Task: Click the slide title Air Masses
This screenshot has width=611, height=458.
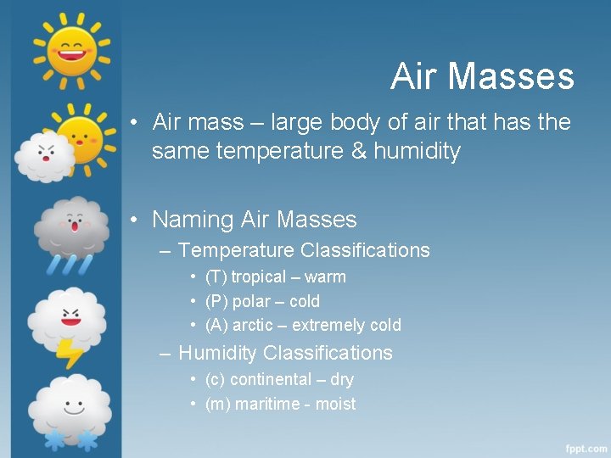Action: [x=482, y=77]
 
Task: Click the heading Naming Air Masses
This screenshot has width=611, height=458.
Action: [x=254, y=220]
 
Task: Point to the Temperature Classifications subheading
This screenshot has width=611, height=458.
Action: [x=304, y=250]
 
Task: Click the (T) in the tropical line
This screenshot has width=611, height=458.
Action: [x=216, y=276]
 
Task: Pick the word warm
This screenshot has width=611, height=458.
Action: [x=325, y=276]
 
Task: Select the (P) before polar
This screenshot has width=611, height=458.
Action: [x=216, y=301]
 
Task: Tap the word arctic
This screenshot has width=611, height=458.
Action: [x=253, y=325]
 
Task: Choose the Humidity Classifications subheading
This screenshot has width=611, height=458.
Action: [x=285, y=353]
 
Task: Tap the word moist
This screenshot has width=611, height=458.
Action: [x=335, y=404]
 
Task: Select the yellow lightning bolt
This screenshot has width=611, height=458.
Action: [x=69, y=351]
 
